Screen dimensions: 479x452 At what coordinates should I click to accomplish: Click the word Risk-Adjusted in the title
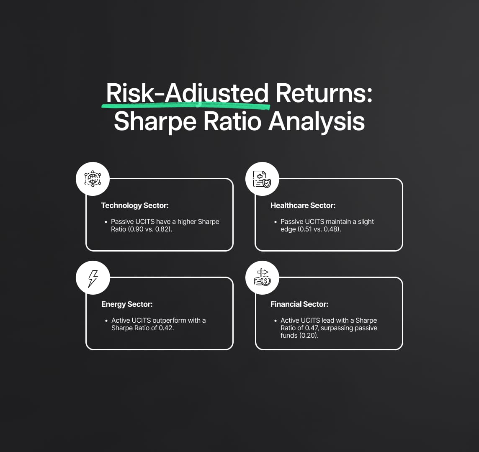(187, 93)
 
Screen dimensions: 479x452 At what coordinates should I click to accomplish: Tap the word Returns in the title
(324, 93)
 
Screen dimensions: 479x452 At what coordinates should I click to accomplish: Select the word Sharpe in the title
(155, 122)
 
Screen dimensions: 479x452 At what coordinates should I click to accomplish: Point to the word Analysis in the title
(317, 122)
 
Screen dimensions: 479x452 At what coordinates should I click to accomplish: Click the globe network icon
(93, 179)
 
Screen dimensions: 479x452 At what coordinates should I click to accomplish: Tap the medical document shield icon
(262, 179)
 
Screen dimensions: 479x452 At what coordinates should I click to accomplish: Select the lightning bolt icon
(93, 278)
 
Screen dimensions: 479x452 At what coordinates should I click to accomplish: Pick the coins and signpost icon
(263, 277)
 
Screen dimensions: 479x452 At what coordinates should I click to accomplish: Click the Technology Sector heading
(135, 205)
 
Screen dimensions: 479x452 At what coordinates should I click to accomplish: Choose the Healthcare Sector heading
(303, 205)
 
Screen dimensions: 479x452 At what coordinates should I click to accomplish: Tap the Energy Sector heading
(127, 304)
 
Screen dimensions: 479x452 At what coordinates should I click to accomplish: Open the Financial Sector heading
(299, 304)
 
